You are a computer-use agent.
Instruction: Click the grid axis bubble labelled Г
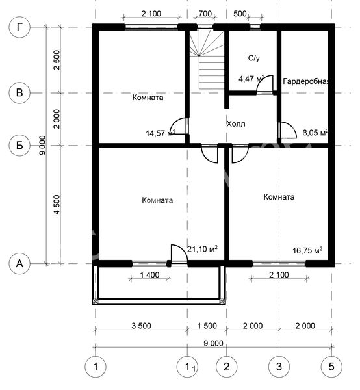[19, 27]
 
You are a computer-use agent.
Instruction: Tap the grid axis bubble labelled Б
[19, 145]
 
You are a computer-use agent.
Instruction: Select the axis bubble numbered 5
[331, 367]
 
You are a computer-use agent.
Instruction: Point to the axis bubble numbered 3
[279, 367]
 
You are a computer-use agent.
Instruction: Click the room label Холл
[236, 123]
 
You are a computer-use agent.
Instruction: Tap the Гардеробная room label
[306, 81]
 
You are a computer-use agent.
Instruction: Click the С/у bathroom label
[254, 58]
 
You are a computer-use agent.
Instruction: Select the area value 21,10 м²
[202, 249]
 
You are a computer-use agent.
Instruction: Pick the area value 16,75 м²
[307, 250]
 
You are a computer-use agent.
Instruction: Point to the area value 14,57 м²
[161, 133]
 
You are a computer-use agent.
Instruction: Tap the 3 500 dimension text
[141, 326]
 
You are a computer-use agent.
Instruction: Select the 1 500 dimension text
[207, 326]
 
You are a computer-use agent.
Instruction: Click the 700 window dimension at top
[205, 14]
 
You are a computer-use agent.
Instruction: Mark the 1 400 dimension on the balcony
[149, 275]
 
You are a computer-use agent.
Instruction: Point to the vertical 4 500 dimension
[57, 205]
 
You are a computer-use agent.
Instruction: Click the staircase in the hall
[207, 60]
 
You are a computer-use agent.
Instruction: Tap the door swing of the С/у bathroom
[265, 84]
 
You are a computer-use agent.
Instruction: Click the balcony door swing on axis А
[179, 253]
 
